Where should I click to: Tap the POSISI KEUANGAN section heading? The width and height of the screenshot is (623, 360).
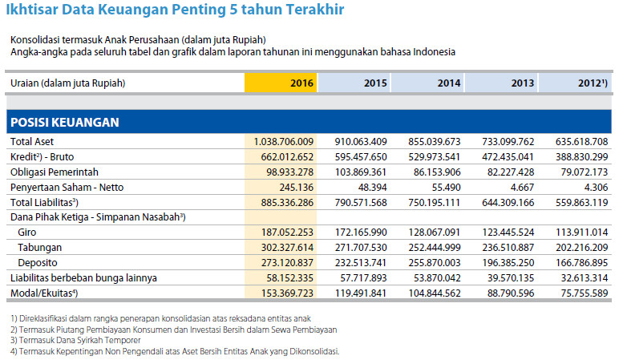coord(64,122)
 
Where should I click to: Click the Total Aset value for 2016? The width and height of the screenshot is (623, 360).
coord(283,141)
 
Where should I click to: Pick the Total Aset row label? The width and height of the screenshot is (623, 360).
coord(31,141)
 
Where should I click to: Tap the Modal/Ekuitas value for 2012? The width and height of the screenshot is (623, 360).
coord(580,293)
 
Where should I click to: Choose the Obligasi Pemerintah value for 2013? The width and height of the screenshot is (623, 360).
coord(504,172)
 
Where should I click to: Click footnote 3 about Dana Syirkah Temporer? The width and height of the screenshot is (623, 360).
coord(71,341)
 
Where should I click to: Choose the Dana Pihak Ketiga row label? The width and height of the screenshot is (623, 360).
coord(97,217)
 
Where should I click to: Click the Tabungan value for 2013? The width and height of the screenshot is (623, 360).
coord(504,247)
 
